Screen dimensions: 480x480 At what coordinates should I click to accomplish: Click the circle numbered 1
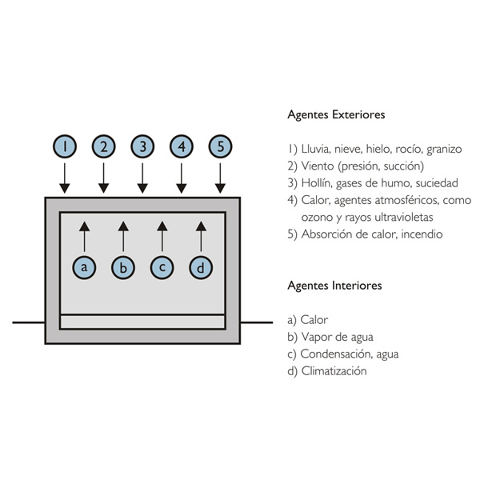(x=64, y=146)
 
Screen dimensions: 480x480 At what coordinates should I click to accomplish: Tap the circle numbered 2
(x=103, y=146)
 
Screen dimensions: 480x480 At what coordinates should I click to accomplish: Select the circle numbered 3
(x=142, y=146)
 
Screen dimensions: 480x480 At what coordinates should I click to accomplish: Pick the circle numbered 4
(x=182, y=146)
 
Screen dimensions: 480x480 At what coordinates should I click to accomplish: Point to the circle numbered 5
(x=221, y=146)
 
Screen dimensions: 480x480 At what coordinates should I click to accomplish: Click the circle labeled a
(x=84, y=266)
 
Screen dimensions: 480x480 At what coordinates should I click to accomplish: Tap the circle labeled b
(x=123, y=266)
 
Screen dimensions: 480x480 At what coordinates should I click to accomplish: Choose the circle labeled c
(x=162, y=266)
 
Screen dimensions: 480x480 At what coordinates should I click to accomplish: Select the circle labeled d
(x=201, y=266)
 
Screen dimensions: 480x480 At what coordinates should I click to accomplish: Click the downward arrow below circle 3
(x=142, y=178)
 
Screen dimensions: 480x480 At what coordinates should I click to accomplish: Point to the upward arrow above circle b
(x=123, y=237)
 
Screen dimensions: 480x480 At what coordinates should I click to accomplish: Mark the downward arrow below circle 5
(x=221, y=178)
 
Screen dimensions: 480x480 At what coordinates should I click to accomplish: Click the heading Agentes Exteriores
(x=336, y=114)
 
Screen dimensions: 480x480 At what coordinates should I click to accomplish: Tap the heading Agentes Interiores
(x=334, y=285)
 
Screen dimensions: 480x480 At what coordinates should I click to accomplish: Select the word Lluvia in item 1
(x=316, y=148)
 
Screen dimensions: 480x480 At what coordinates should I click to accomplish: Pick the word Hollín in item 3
(x=316, y=182)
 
